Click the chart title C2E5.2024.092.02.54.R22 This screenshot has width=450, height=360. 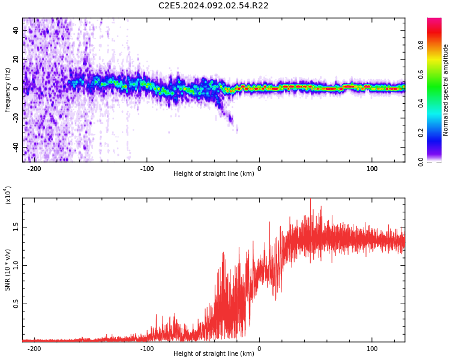coord(213,5)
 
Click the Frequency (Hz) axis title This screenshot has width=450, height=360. coord(7,90)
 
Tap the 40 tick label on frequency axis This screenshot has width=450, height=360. coord(16,30)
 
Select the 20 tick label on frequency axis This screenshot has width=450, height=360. coord(16,59)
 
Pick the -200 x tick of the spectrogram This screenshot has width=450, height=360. coord(34,169)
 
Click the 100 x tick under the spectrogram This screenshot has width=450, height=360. coord(372,169)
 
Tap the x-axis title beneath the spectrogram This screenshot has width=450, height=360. coord(214,173)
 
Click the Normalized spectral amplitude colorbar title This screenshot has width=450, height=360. coord(445,90)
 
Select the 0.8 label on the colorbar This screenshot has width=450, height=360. coord(421,45)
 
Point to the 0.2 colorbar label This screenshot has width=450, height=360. coord(421,133)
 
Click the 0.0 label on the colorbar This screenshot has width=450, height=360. coord(421,162)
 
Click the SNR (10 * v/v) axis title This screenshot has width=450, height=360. coord(7,269)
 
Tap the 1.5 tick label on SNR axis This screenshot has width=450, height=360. coord(16,227)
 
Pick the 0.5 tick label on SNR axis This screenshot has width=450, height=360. coord(16,304)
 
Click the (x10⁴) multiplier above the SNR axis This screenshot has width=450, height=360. coord(8,195)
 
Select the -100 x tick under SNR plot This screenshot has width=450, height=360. coord(146,349)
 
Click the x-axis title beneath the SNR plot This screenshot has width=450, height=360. coord(214,353)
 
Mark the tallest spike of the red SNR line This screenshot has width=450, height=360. coord(311,199)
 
